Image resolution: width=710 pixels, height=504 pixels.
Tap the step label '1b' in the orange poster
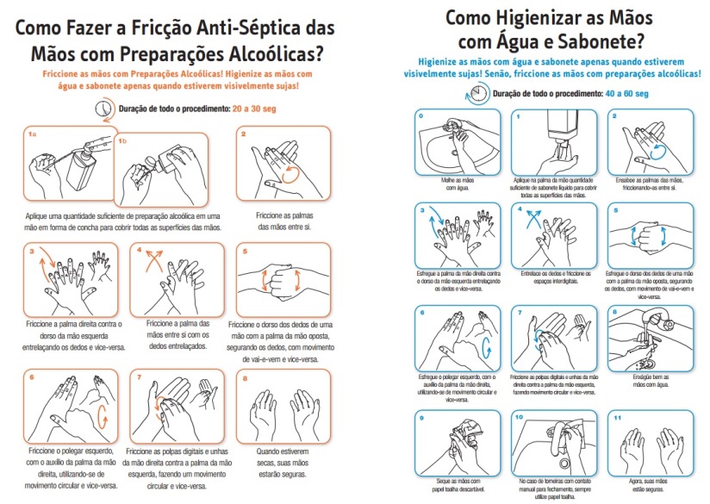tap(121, 140)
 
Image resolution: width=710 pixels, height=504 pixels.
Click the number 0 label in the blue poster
tap(421, 115)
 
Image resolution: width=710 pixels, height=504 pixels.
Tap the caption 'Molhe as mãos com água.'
tap(456, 183)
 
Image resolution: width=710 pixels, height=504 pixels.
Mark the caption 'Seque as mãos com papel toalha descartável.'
tap(456, 483)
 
